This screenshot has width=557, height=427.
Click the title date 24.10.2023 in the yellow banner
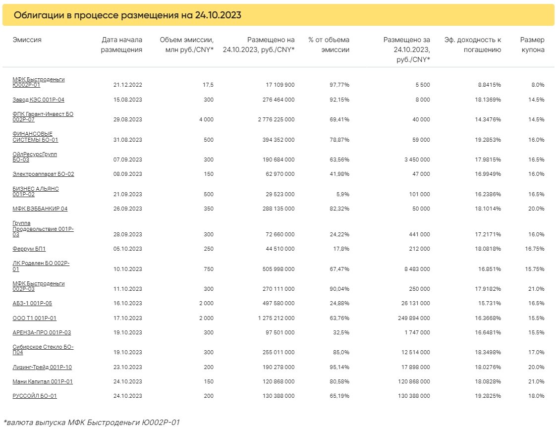click(x=218, y=15)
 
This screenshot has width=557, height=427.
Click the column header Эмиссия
click(x=27, y=40)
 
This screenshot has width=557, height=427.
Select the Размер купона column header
click(x=532, y=45)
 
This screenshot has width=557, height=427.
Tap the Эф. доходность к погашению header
click(x=473, y=45)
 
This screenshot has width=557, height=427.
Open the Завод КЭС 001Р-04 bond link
click(x=38, y=100)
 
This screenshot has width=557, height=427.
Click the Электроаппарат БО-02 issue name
click(x=43, y=174)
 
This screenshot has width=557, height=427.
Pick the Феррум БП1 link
click(x=29, y=249)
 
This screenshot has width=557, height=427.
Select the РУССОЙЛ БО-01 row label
click(x=35, y=396)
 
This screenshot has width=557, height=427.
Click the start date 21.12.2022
click(x=127, y=85)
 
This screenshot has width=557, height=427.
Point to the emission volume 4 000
click(x=206, y=119)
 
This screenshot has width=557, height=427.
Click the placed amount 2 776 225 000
click(x=276, y=119)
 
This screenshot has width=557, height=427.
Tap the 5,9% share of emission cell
click(x=341, y=194)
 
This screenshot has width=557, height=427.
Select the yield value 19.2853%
click(x=488, y=140)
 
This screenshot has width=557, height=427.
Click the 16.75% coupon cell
click(x=535, y=249)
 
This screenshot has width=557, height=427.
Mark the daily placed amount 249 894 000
click(x=414, y=318)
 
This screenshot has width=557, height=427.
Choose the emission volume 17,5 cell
click(x=208, y=85)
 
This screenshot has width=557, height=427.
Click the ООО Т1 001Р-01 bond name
click(x=35, y=318)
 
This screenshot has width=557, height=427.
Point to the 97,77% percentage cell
click(x=339, y=85)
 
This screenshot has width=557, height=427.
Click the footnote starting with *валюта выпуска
click(x=92, y=423)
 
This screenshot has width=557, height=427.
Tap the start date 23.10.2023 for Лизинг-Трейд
click(x=127, y=367)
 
